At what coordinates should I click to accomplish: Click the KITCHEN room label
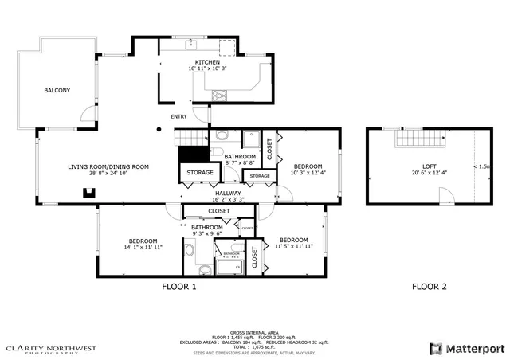208,62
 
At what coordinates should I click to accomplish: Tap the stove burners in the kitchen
218,96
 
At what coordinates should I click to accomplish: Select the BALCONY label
57,90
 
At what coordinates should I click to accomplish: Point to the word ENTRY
178,117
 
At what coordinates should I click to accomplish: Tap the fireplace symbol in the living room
90,191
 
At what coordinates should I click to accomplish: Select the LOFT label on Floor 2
429,166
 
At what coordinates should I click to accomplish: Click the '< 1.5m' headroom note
481,166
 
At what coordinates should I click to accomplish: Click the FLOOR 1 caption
178,286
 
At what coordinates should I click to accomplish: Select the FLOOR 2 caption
429,286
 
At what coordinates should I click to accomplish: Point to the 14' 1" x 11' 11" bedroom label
143,244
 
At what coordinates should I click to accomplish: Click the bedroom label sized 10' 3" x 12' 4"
308,169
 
